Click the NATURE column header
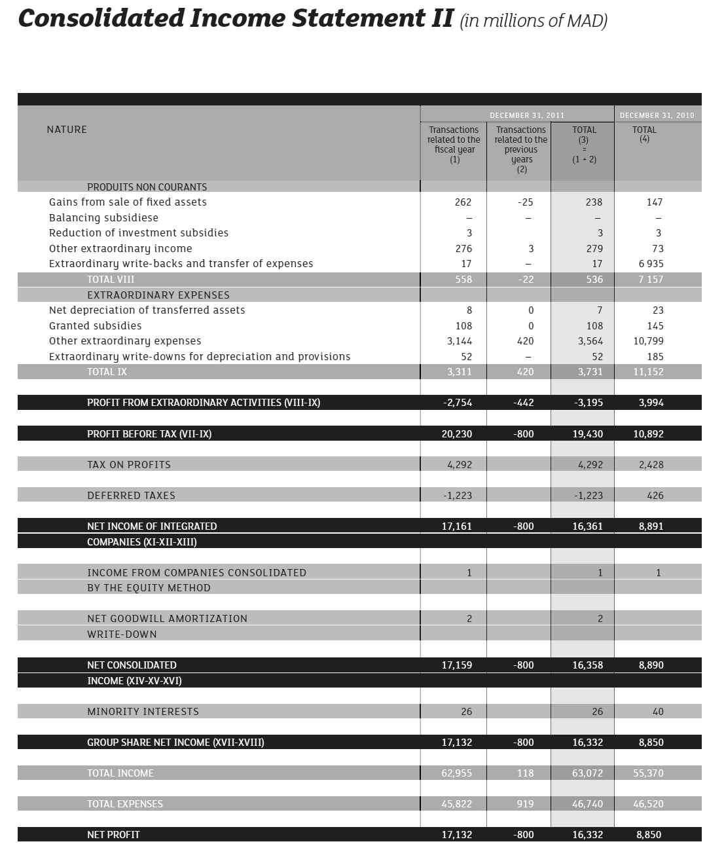(x=67, y=130)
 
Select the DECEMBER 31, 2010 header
(x=657, y=115)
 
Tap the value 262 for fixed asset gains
(x=463, y=202)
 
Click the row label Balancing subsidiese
(x=103, y=218)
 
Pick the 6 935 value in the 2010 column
(x=650, y=264)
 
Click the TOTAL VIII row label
(x=111, y=280)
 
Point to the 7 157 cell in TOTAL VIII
(x=650, y=280)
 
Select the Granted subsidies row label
(x=95, y=326)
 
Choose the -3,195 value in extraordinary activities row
(x=589, y=403)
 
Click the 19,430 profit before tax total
(x=588, y=433)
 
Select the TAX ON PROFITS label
(x=129, y=465)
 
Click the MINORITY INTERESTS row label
(x=143, y=712)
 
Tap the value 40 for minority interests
(x=658, y=712)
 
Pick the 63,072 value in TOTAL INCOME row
(x=587, y=773)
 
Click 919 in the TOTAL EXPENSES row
(x=525, y=804)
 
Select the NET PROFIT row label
(x=113, y=835)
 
